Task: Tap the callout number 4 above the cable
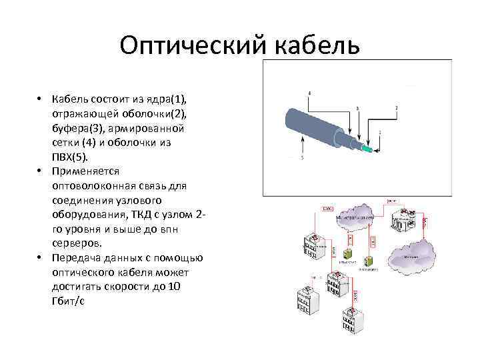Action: click(309, 92)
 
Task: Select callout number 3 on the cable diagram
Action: click(358, 107)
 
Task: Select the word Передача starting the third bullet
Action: click(75, 258)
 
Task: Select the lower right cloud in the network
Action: click(415, 252)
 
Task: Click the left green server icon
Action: click(347, 253)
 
